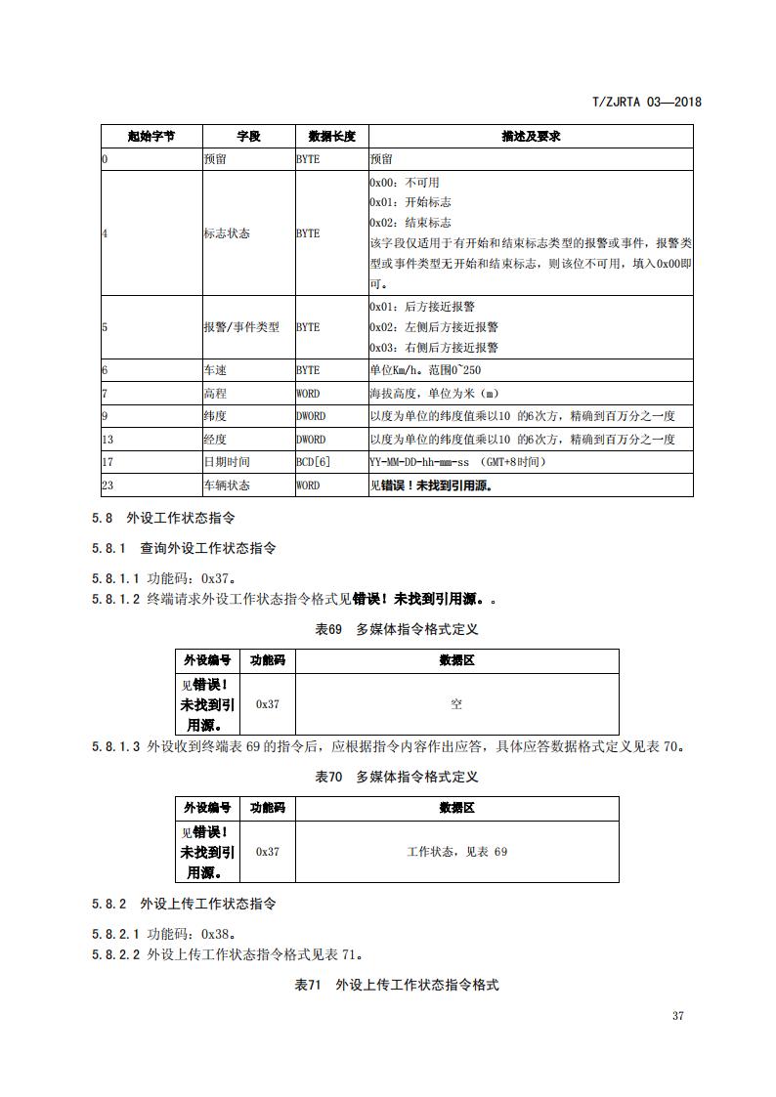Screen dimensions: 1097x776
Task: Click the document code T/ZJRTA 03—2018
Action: point(647,102)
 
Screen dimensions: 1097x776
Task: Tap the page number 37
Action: point(678,1016)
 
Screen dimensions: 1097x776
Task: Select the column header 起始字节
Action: point(151,137)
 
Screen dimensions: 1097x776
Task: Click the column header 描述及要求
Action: point(531,137)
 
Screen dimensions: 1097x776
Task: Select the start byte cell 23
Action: point(108,484)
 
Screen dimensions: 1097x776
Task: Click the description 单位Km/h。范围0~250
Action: point(425,371)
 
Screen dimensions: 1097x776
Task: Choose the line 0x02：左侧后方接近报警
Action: point(434,327)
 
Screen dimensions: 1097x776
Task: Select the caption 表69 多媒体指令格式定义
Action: point(396,630)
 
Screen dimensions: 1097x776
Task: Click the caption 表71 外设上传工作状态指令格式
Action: point(396,985)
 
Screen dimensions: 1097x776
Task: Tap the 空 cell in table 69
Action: point(456,703)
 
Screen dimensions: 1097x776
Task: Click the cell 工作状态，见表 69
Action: point(456,851)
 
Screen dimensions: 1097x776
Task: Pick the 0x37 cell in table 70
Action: point(267,851)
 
